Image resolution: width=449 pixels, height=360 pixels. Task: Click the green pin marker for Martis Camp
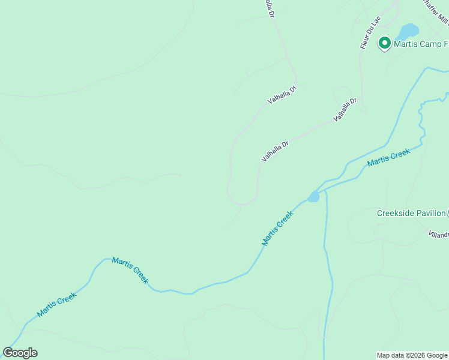[384, 43]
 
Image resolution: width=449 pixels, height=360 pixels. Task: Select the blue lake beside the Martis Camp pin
[409, 31]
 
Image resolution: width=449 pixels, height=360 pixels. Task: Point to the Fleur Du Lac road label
[370, 32]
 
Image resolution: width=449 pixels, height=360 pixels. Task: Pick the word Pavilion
[431, 213]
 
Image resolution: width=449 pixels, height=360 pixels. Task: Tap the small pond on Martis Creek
[313, 197]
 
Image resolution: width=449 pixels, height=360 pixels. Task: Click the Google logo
[20, 353]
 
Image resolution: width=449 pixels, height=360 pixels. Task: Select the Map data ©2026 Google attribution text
[412, 355]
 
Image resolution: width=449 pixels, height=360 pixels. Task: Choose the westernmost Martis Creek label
[56, 304]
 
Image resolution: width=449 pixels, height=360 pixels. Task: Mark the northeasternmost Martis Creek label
[388, 157]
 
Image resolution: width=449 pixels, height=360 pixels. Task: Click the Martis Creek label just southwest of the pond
[277, 228]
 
